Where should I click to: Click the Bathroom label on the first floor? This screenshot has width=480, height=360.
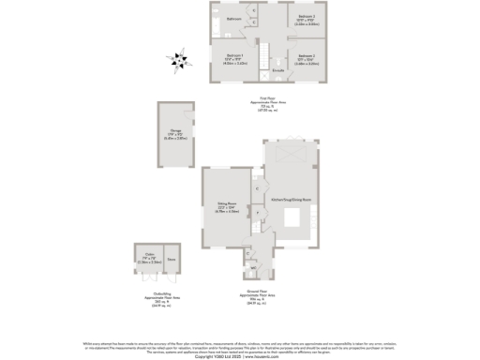coord(233,19)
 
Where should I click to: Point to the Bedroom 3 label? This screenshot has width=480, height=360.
coord(307,18)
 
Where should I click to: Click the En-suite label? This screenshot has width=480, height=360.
coord(278,70)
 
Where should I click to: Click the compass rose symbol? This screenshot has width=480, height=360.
coord(175,61)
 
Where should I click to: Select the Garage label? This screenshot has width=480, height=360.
coord(176,134)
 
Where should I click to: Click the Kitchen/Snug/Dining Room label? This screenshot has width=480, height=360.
coord(290,200)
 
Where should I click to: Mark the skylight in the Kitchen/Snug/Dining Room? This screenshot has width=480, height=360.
coord(289,156)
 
